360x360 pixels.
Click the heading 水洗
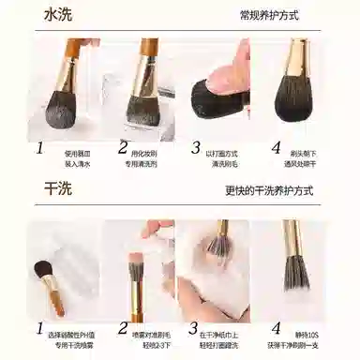pos(65,15)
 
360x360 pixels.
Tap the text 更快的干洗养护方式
pos(268,191)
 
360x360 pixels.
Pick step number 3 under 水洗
pos(196,147)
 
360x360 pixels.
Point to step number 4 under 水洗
pos(276,147)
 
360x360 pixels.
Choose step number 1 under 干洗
pos(39,329)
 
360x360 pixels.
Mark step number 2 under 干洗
pos(123,328)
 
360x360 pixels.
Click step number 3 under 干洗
pos(196,329)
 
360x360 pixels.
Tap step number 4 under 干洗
pos(276,329)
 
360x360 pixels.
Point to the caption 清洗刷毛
pos(226,162)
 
